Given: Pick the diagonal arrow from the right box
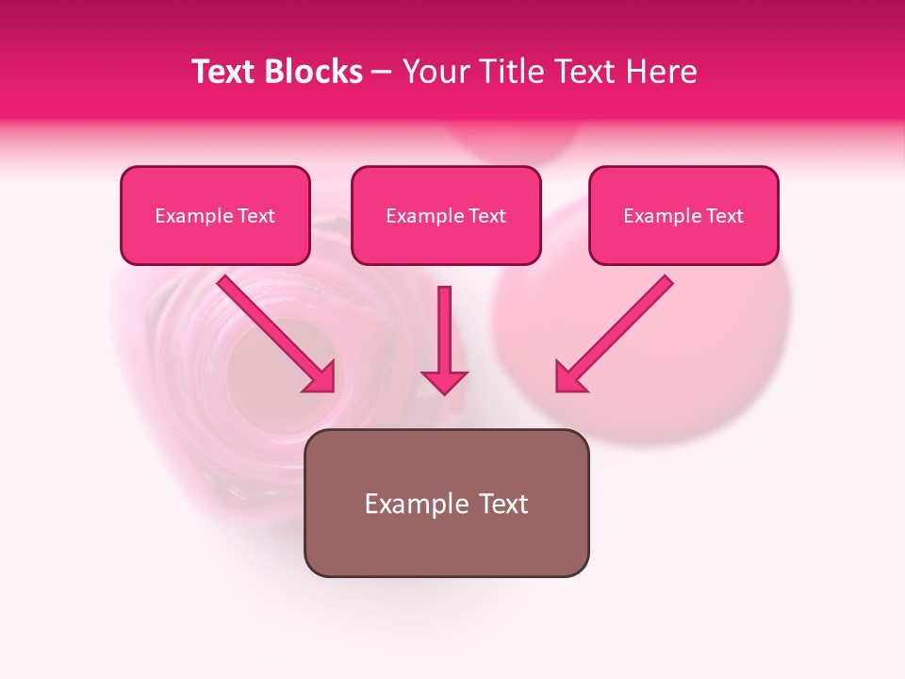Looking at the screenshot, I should point(622,325).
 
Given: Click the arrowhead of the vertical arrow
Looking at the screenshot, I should point(444,381).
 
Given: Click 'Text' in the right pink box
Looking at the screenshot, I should point(724,216).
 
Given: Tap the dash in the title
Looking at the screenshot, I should point(382,73).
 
